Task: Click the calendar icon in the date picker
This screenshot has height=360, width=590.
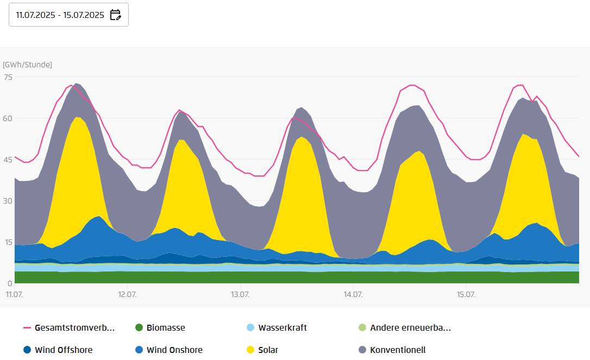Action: (115, 15)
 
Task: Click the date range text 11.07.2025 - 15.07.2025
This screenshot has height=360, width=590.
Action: (60, 15)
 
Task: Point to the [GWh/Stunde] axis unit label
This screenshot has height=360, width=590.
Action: (27, 65)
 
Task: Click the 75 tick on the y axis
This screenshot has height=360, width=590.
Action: (8, 77)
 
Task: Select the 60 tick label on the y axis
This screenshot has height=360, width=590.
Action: (8, 118)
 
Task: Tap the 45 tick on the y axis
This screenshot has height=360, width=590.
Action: (8, 160)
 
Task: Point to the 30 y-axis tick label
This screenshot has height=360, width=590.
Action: (8, 201)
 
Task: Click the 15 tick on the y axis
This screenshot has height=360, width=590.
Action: (8, 242)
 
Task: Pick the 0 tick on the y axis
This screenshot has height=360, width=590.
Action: (10, 283)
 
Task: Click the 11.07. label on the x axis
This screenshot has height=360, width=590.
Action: (14, 294)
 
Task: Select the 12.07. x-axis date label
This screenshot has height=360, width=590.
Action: (127, 294)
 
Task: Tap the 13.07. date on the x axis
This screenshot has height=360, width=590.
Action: (240, 294)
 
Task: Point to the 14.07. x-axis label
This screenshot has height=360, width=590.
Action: (353, 294)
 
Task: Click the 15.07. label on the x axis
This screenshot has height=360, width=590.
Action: (466, 294)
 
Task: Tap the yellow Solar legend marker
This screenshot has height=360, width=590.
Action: (250, 350)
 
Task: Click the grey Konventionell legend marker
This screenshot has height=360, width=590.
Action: (362, 350)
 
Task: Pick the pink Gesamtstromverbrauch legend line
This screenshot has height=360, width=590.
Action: (28, 328)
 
